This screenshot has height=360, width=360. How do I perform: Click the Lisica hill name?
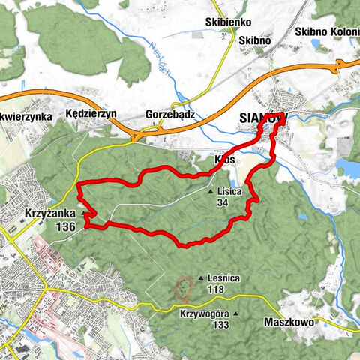point(229,192)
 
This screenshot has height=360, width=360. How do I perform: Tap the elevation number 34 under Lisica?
point(223,202)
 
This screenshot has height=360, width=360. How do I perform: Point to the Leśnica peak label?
point(224,278)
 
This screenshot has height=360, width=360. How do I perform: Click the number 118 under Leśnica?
point(217,289)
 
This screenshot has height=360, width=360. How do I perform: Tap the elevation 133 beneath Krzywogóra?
point(220,325)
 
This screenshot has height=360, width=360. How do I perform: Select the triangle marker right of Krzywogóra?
point(236,314)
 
